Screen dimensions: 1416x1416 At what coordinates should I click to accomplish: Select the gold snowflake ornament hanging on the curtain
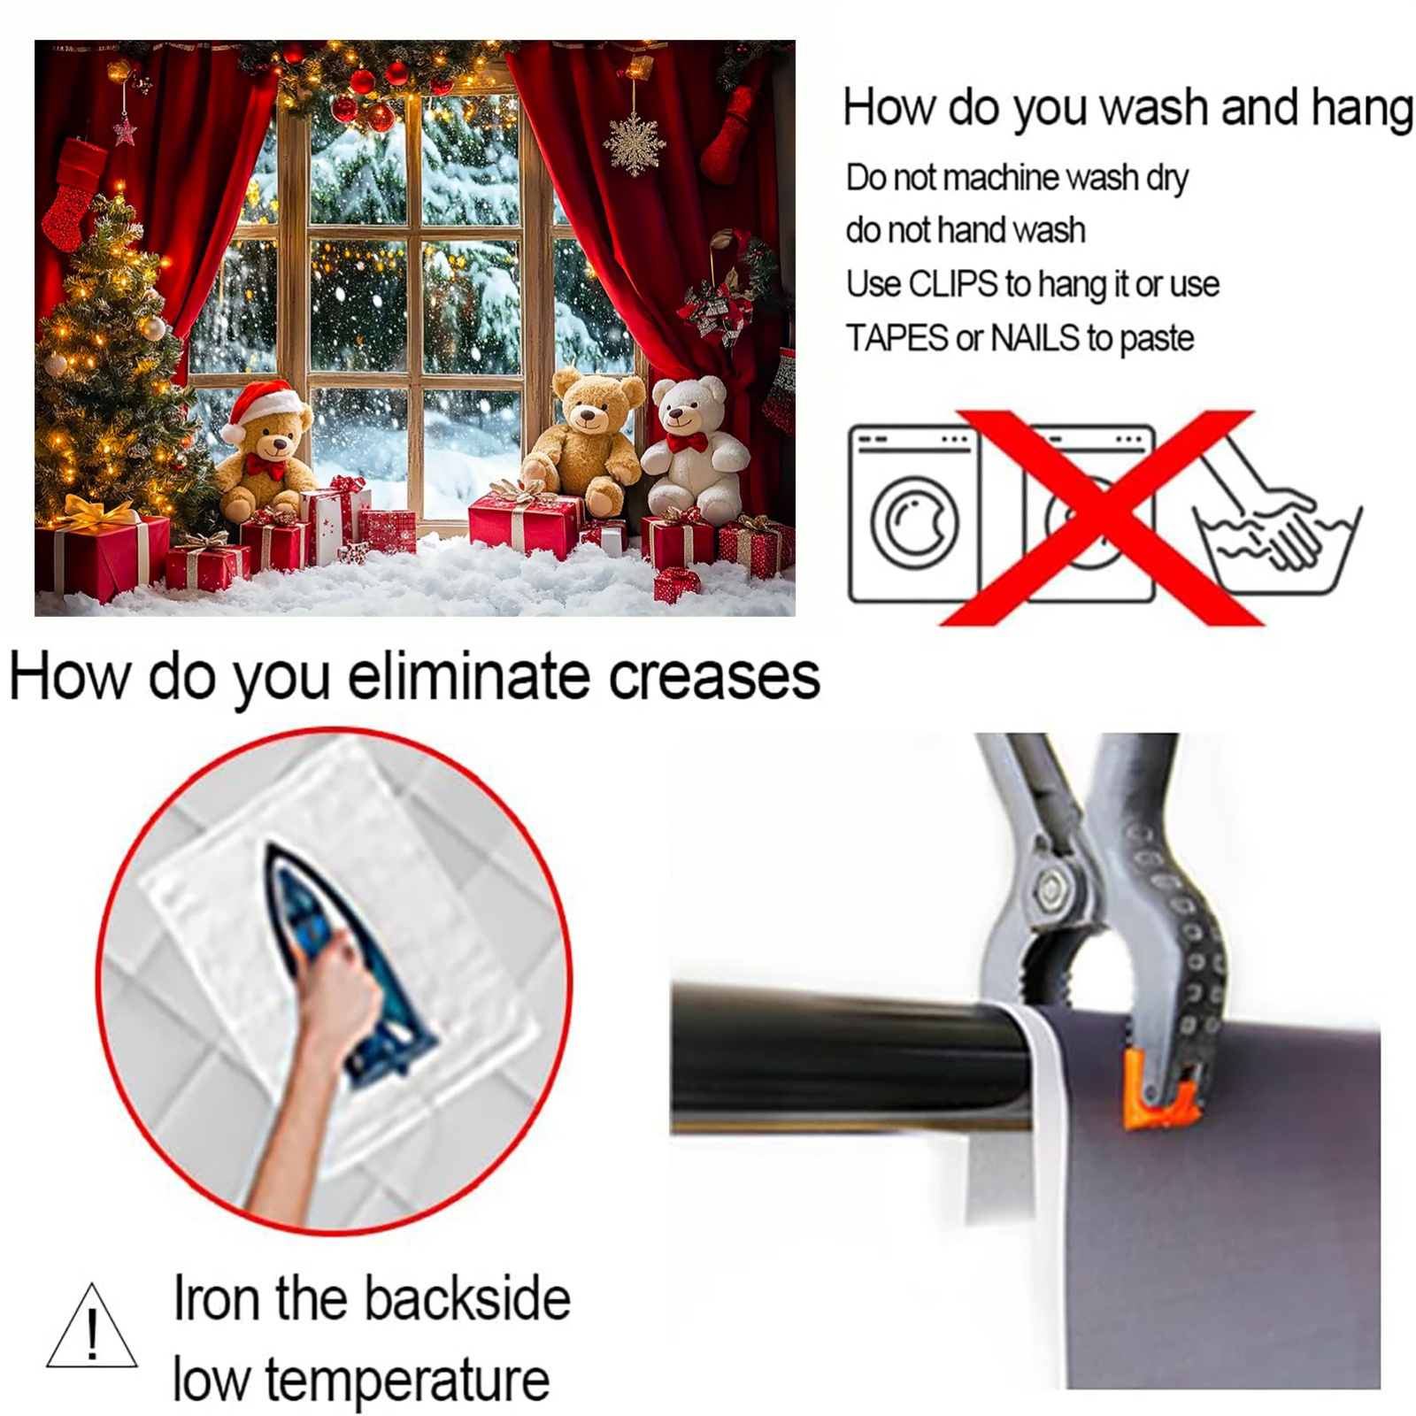coord(635,142)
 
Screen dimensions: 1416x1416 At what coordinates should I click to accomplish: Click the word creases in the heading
coord(713,678)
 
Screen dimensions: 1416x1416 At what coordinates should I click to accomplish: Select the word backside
coord(466,1299)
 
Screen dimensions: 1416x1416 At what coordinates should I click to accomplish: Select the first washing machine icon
coord(914,514)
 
